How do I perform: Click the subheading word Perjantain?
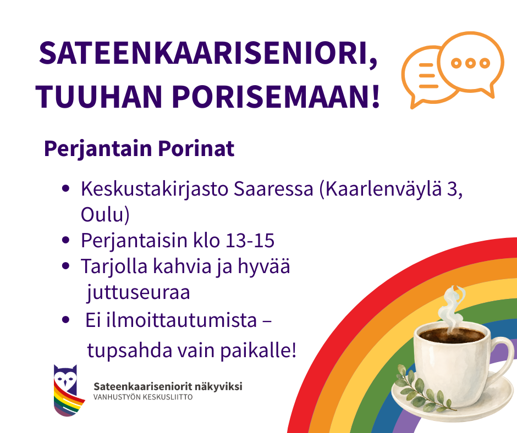tap(97, 149)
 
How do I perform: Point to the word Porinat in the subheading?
tap(196, 148)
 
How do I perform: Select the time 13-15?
tap(250, 240)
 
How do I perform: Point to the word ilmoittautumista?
tap(182, 320)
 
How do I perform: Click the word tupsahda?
tap(130, 350)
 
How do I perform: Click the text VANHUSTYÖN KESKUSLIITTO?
tap(143, 397)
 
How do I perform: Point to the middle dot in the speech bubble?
tap(470, 63)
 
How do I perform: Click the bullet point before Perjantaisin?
tap(65, 240)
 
